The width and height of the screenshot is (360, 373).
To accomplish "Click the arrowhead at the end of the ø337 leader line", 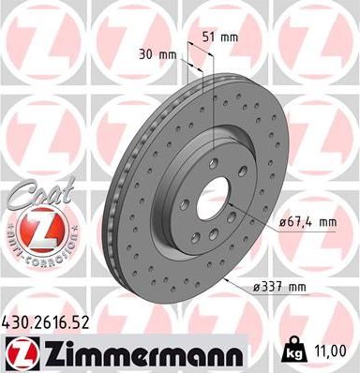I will click(x=226, y=278).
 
